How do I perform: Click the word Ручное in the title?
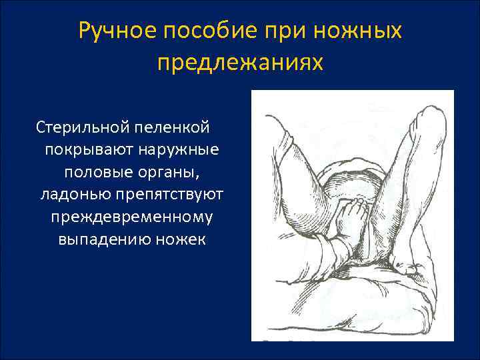tap(119, 31)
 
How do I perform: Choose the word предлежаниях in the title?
tap(240, 62)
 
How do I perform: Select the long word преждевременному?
tap(131, 217)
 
